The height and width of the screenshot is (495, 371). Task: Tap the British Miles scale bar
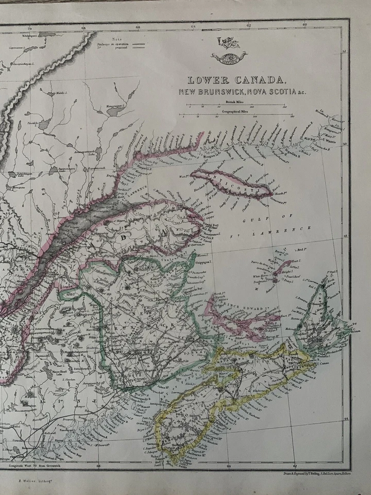pyautogui.click(x=237, y=106)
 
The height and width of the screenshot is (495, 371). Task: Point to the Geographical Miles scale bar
pyautogui.click(x=237, y=115)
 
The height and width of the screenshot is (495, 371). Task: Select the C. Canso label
pyautogui.click(x=324, y=364)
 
